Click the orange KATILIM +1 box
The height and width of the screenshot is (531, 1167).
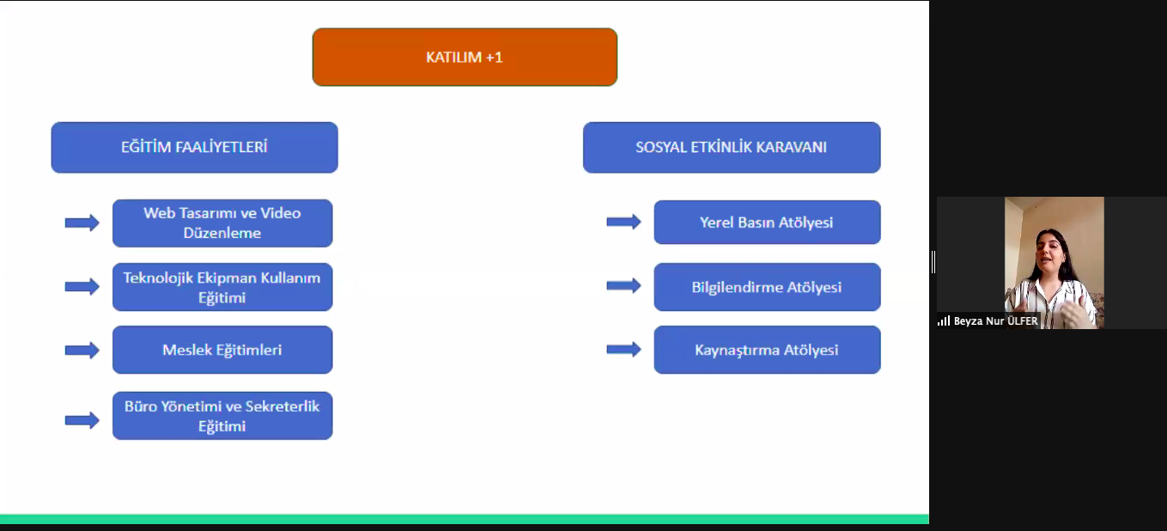[465, 57]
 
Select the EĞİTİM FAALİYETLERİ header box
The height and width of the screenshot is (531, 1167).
[194, 148]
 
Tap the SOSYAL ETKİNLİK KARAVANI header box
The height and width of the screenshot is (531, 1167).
[732, 148]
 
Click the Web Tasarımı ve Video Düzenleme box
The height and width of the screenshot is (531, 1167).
[222, 223]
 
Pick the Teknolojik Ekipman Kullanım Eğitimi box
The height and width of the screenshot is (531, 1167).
[222, 287]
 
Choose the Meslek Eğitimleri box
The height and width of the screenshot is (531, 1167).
[222, 350]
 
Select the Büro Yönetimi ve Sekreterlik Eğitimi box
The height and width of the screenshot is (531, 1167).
[222, 416]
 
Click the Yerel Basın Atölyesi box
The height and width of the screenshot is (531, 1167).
[768, 222]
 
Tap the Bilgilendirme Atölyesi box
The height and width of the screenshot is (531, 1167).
[768, 287]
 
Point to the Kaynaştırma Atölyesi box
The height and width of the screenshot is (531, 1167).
[768, 350]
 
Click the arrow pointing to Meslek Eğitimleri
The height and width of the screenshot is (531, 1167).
[82, 351]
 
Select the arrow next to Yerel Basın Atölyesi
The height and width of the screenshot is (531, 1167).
[623, 222]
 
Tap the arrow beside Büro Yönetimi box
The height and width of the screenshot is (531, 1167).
[82, 420]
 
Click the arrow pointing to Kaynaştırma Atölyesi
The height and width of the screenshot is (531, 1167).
[623, 349]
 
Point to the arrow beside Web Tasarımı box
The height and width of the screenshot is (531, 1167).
[82, 223]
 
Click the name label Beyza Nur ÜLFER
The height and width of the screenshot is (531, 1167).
[995, 321]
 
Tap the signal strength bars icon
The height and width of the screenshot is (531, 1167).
[944, 321]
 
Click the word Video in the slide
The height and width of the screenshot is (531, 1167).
[280, 213]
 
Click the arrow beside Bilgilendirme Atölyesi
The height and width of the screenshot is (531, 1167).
[623, 285]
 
